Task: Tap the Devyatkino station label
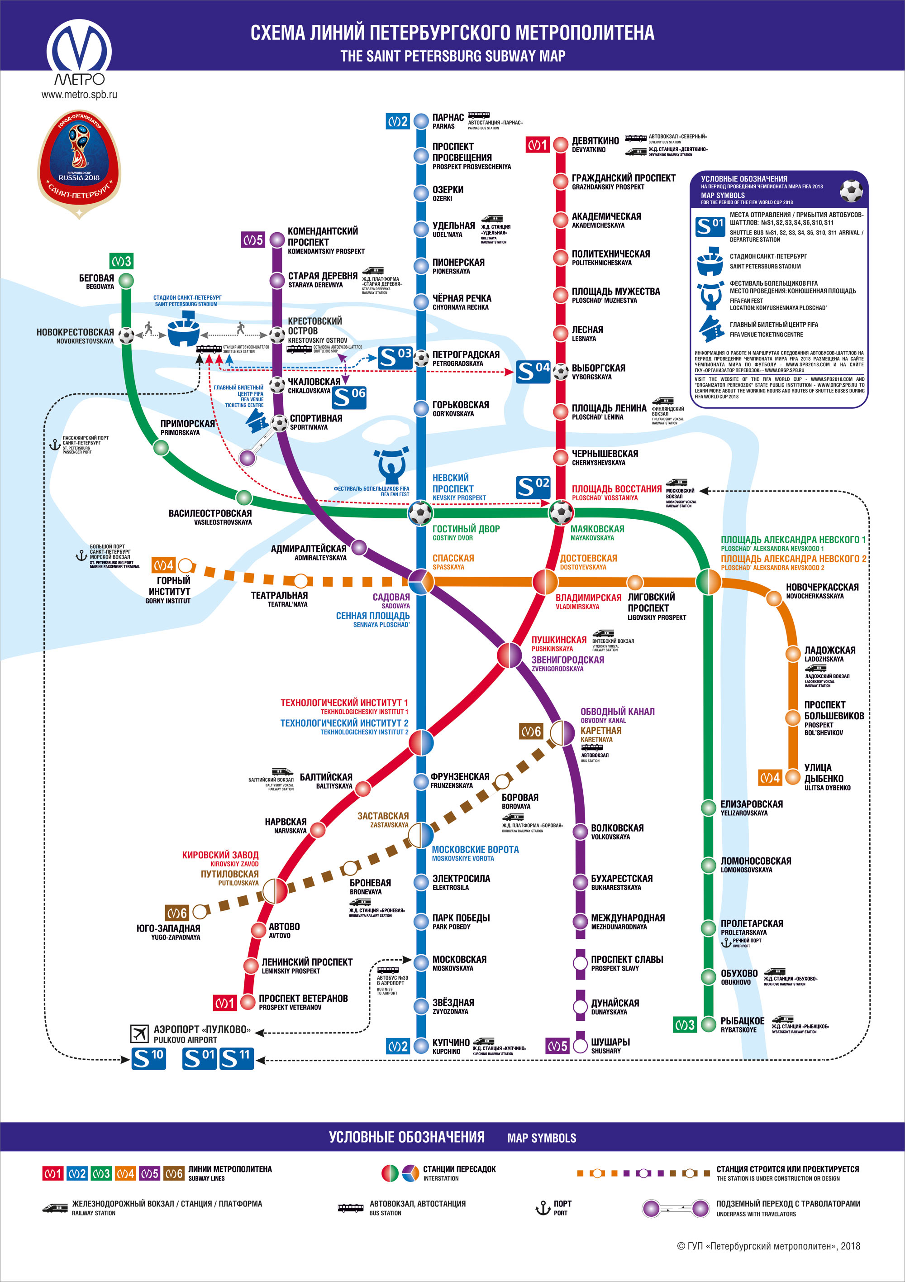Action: click(x=595, y=144)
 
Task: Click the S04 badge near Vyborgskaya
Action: click(x=533, y=371)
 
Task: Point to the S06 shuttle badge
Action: click(x=349, y=397)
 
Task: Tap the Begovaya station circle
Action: click(x=127, y=280)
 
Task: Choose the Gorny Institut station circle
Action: click(x=186, y=565)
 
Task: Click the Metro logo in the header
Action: click(x=79, y=53)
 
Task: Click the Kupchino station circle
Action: click(x=421, y=1046)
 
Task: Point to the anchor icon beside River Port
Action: click(x=726, y=943)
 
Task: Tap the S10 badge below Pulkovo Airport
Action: click(x=148, y=1059)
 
